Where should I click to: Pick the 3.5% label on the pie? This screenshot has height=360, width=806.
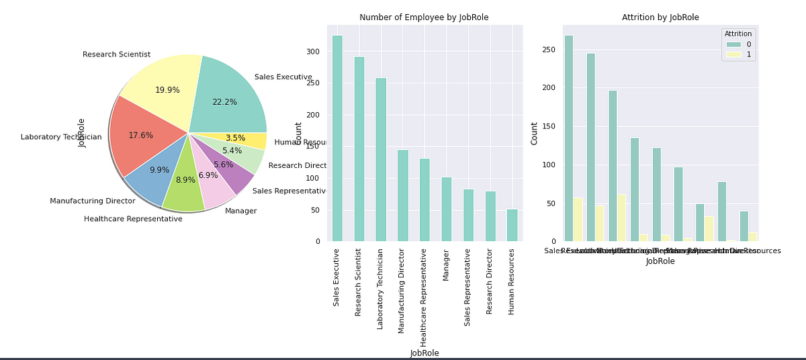tap(235, 138)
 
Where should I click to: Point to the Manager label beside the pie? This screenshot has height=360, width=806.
tap(240, 211)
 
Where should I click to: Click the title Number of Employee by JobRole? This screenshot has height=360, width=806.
tap(424, 17)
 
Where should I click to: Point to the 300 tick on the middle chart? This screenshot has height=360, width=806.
tap(314, 52)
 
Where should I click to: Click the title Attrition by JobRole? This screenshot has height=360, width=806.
tap(660, 17)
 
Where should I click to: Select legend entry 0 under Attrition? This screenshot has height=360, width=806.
tap(739, 44)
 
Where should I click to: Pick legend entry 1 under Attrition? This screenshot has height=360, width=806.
tap(739, 54)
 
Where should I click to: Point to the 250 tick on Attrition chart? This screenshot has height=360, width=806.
tap(550, 49)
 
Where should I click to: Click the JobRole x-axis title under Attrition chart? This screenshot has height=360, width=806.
tap(660, 261)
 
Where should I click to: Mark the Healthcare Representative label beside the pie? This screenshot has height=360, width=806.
tap(133, 219)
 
